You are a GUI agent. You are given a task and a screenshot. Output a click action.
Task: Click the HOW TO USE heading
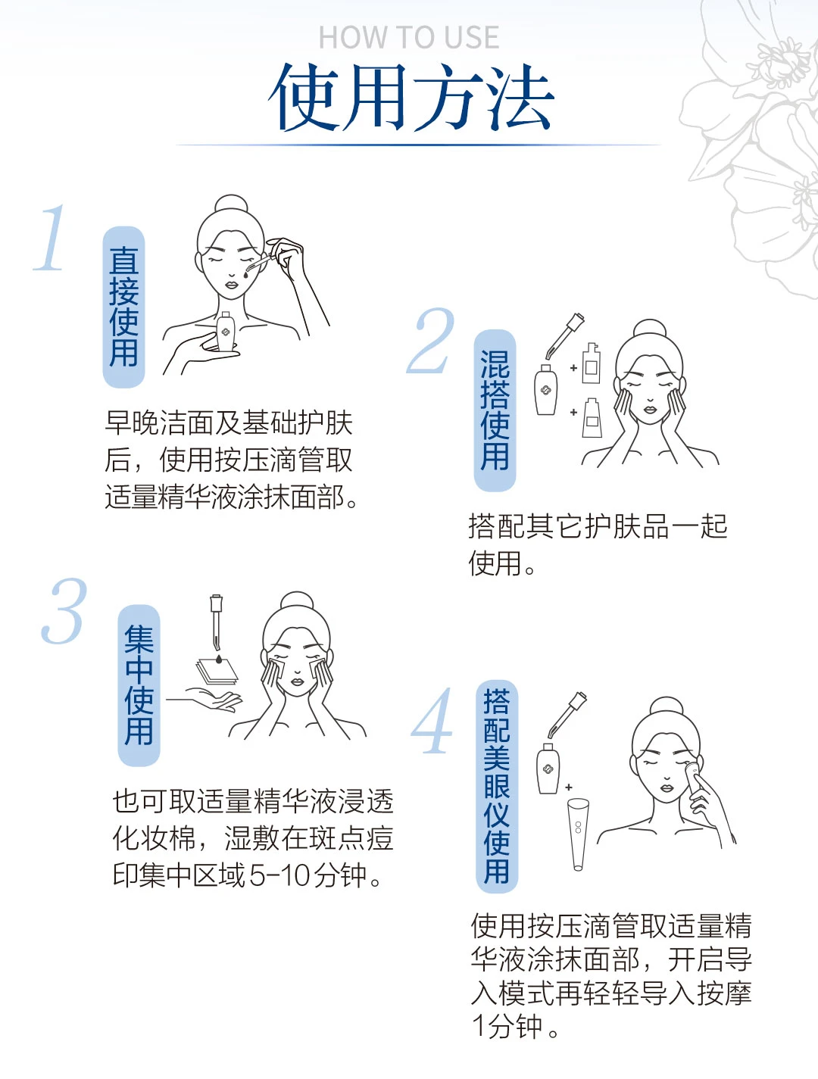[x=409, y=37]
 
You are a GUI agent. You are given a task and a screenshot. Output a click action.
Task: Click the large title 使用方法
[x=411, y=98]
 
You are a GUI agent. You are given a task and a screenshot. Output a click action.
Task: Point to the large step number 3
[x=64, y=611]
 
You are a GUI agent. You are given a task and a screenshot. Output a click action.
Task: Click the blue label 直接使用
[x=123, y=307]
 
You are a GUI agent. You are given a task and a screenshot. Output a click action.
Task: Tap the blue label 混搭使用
[x=495, y=410]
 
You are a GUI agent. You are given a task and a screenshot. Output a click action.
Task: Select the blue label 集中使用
[x=139, y=685]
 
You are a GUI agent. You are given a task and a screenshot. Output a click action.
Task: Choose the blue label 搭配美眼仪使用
[x=497, y=787]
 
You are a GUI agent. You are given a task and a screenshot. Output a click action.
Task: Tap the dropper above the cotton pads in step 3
[x=216, y=622]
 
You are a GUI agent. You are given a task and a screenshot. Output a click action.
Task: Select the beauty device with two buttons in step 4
[x=578, y=834]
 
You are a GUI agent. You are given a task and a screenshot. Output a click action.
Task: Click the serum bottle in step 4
[x=548, y=769]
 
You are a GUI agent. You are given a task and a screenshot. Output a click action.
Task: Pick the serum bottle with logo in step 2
[x=545, y=389]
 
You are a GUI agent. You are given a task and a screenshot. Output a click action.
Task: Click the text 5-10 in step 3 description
[x=279, y=875]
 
